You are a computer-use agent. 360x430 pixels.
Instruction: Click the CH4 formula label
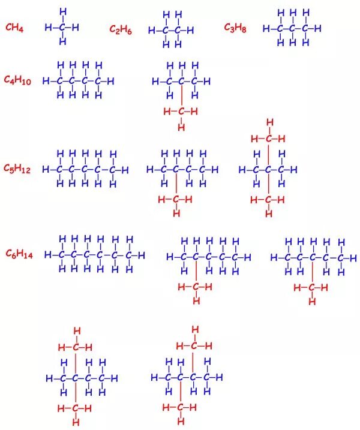point(15,28)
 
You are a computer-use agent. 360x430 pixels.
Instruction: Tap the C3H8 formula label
point(235,28)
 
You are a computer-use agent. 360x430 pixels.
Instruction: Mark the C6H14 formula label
point(19,254)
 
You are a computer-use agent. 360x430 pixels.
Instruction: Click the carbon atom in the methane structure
point(62,27)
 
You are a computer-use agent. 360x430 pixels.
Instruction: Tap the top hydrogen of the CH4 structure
point(62,12)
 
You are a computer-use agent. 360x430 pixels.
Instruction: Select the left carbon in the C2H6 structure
point(164,30)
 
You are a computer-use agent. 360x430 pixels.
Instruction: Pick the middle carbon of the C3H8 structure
point(293,28)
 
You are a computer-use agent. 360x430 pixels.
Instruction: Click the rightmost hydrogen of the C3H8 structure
point(318,28)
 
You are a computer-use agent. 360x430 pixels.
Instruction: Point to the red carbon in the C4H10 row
point(181,111)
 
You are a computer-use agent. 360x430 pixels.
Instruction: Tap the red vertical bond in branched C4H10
point(181,96)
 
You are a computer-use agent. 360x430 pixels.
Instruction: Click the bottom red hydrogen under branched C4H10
point(181,127)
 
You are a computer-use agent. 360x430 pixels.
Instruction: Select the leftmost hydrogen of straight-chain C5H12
point(46,170)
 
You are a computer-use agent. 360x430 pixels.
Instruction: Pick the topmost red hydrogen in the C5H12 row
point(269,123)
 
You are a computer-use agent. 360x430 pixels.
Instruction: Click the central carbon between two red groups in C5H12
point(268,170)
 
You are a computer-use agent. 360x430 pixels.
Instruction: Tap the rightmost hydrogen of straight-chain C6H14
point(142,255)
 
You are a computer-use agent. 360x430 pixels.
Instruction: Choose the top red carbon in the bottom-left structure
point(76,347)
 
